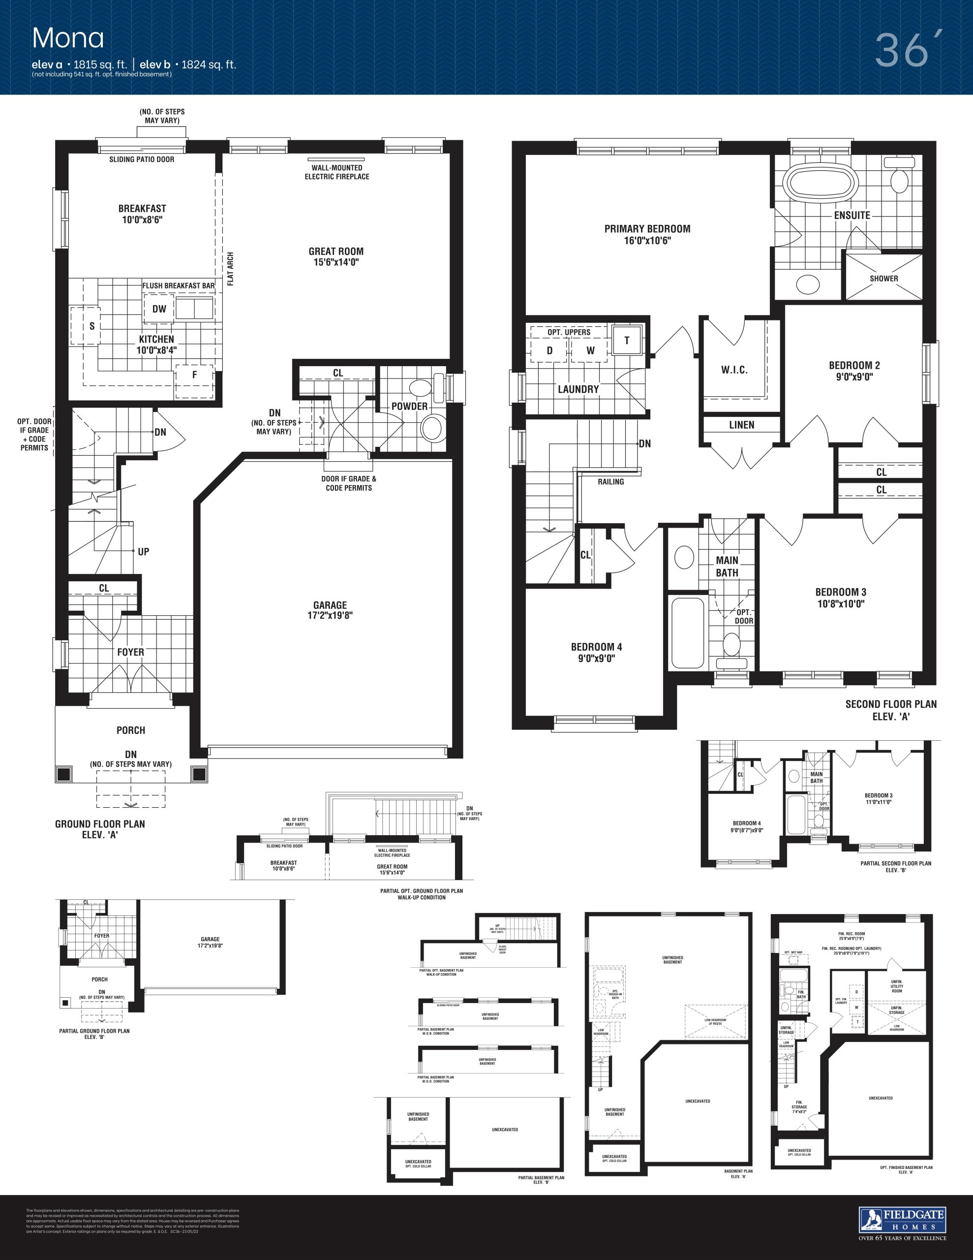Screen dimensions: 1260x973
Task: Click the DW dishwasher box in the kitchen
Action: [159, 309]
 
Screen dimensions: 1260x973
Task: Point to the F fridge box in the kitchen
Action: [194, 375]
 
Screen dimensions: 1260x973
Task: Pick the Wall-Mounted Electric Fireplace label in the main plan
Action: [337, 172]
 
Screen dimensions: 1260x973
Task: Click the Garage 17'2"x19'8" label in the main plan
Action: [330, 610]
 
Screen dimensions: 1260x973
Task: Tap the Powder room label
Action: [409, 406]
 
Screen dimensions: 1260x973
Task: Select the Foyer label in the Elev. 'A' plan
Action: [130, 652]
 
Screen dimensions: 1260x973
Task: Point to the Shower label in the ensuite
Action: [883, 278]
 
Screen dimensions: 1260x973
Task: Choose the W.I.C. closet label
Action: [734, 370]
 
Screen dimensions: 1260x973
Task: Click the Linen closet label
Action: [741, 425]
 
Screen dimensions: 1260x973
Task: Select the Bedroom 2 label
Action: [854, 371]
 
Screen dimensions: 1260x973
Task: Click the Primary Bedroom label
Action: [647, 234]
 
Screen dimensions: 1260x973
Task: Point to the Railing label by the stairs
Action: [611, 482]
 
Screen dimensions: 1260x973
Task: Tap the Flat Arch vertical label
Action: [231, 269]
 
